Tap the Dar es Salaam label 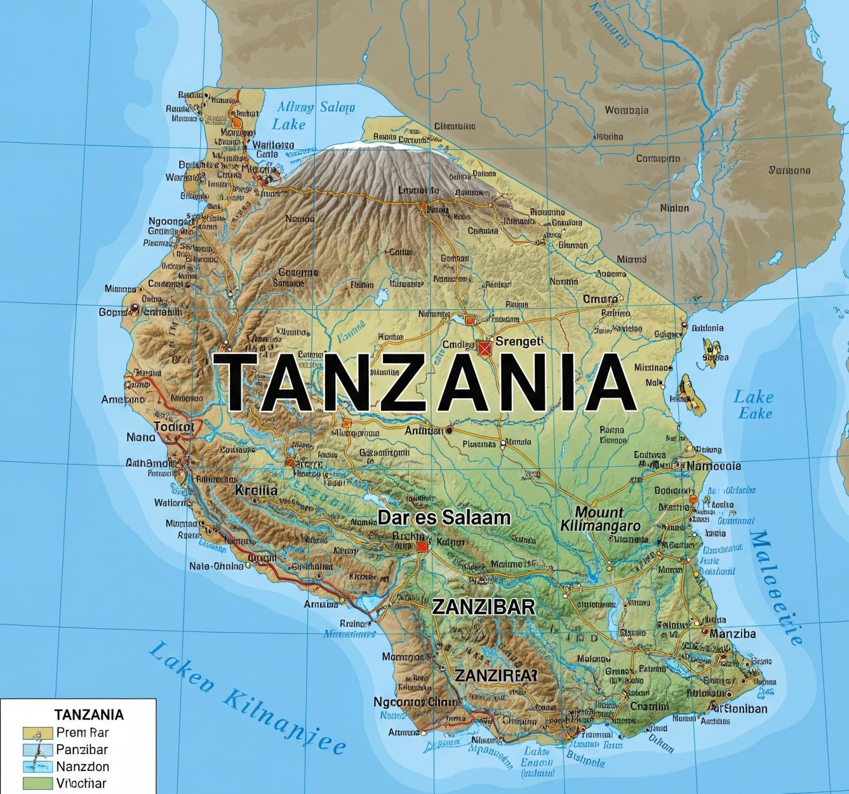[x=444, y=518]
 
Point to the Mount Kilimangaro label [x=600, y=519]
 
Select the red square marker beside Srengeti [x=484, y=347]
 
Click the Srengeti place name [x=520, y=341]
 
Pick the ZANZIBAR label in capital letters [x=483, y=607]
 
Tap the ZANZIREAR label [x=495, y=675]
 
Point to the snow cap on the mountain [x=381, y=145]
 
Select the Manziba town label [x=732, y=634]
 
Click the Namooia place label [x=714, y=466]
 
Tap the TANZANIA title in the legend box [x=89, y=714]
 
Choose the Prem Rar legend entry [x=82, y=733]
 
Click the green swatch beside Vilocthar [x=38, y=783]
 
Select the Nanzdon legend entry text [x=82, y=766]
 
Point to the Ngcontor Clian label [x=415, y=702]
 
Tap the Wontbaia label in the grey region [x=626, y=110]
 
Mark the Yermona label [x=789, y=170]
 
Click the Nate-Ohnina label [x=216, y=566]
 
